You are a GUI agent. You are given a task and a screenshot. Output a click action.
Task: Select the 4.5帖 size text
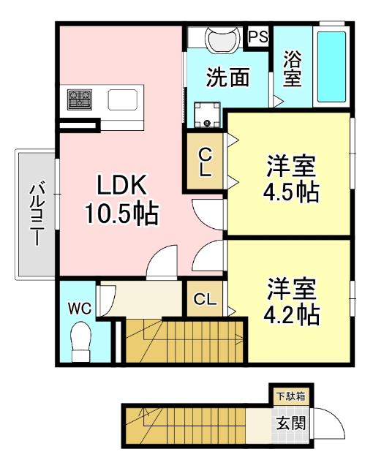coord(290,192)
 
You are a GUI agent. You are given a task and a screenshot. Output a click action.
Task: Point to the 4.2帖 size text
coord(290,314)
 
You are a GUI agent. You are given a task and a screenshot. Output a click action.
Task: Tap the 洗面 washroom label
coord(227,78)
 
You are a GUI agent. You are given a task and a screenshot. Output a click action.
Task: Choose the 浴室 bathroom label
coord(292,68)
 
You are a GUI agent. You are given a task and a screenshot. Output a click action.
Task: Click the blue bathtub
coord(331,67)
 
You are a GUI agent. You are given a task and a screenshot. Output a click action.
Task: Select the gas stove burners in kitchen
coord(79,98)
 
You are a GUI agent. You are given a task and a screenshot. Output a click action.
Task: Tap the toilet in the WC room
coord(80,340)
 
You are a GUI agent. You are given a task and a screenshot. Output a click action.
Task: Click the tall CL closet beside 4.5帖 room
coord(206,162)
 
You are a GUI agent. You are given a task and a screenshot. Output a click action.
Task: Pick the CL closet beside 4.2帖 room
coord(206,298)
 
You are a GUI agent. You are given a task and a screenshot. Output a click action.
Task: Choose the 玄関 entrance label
coord(290,423)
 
